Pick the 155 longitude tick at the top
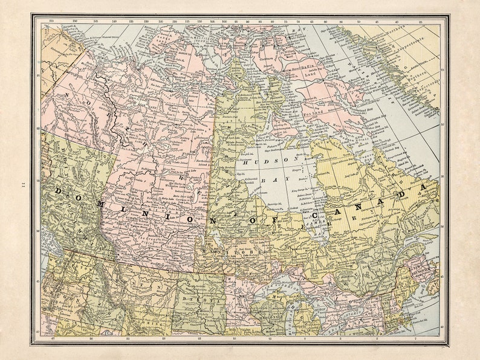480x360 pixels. tap(52, 21)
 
